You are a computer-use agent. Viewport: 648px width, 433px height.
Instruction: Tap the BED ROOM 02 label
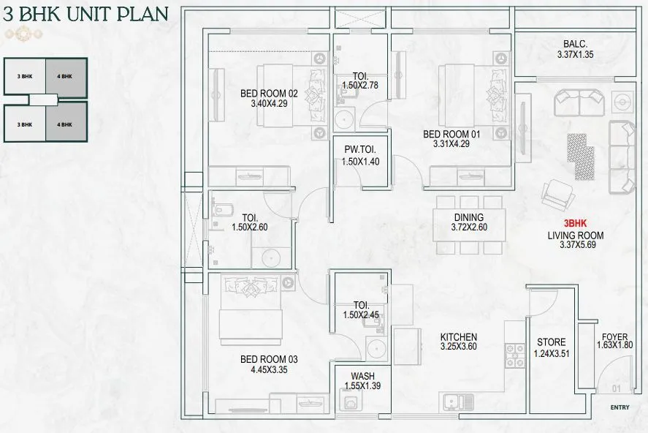coord(270,94)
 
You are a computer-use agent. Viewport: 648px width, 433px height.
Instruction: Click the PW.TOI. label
coord(361,151)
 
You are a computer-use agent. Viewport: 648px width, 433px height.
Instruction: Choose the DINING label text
coord(468,217)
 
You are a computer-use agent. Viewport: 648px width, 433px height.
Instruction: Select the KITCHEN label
coord(458,337)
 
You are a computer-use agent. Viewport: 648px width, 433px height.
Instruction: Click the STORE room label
coord(551,342)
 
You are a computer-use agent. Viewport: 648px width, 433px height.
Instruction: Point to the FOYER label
coord(614,337)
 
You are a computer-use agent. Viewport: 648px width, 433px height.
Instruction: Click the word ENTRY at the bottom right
coord(620,407)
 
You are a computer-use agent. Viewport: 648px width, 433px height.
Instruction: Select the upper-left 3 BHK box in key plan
coord(25,75)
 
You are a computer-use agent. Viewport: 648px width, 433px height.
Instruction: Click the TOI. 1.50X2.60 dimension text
coord(249,227)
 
